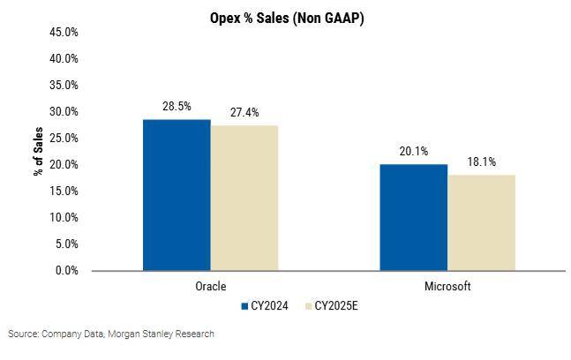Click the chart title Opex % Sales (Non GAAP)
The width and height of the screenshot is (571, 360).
pyautogui.click(x=287, y=18)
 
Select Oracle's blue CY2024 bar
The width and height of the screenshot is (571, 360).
pyautogui.click(x=177, y=195)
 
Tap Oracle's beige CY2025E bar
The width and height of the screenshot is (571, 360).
pyautogui.click(x=244, y=198)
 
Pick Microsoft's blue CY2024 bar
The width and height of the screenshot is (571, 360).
pyautogui.click(x=413, y=217)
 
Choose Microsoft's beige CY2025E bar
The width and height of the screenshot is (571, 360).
pyautogui.click(x=481, y=222)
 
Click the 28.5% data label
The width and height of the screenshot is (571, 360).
pyautogui.click(x=177, y=106)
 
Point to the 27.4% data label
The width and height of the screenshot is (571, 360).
pyautogui.click(x=244, y=112)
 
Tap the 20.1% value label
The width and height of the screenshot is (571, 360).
pyautogui.click(x=413, y=151)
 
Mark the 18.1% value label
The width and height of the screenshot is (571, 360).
pyautogui.click(x=481, y=161)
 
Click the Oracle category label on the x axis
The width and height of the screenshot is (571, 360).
pyautogui.click(x=210, y=287)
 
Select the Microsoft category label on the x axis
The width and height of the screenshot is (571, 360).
pyautogui.click(x=447, y=287)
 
